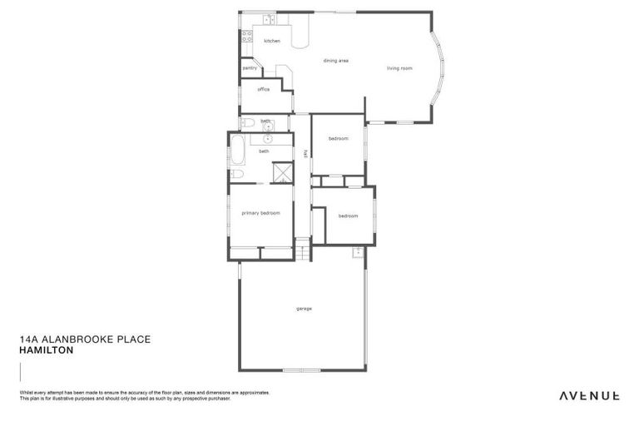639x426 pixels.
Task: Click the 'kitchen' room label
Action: pos(272,41)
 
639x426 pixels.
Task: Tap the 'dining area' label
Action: pos(335,61)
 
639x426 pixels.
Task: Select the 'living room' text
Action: pos(399,68)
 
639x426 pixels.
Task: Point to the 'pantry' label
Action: pos(248,68)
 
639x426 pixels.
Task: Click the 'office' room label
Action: pos(263,89)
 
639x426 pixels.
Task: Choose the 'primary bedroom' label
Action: pos(260,213)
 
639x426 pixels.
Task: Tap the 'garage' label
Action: pos(304,309)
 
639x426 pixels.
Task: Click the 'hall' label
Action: pos(305,153)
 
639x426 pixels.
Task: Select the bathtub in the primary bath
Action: pos(236,151)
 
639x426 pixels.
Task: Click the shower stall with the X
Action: pos(284,172)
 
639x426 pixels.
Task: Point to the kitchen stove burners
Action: pos(246,37)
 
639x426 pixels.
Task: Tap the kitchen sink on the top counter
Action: pos(269,19)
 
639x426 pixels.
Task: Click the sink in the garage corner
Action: pos(358,251)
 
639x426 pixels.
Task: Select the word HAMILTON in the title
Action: pos(47,350)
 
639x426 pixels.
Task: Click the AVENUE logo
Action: pos(589,395)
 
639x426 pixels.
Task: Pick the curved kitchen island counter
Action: pos(300,35)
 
